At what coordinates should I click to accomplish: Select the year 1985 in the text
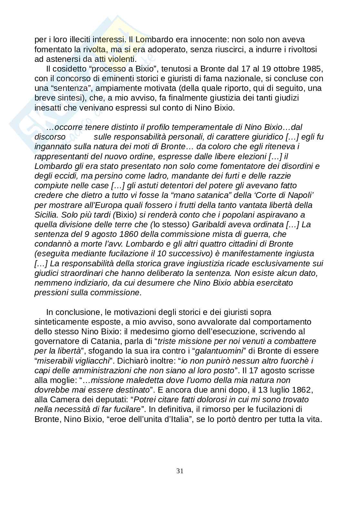[312, 69]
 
